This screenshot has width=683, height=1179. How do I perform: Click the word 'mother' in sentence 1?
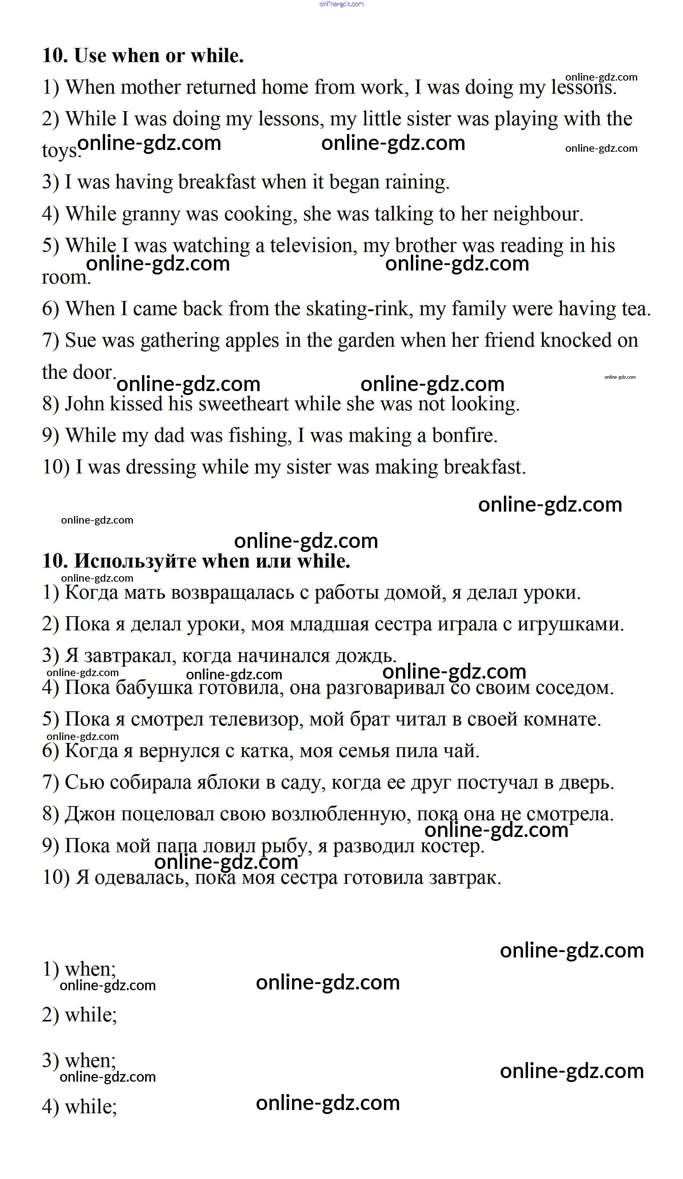pyautogui.click(x=150, y=88)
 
